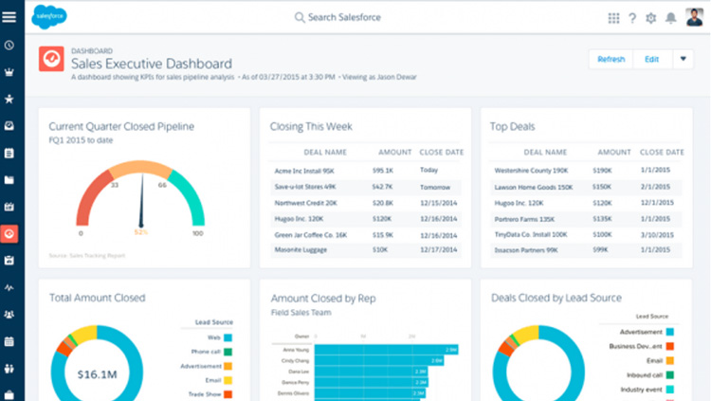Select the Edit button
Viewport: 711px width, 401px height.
point(651,59)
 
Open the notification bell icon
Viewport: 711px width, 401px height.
point(671,18)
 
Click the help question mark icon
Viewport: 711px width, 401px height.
point(632,18)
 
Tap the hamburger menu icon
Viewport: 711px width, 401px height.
point(9,17)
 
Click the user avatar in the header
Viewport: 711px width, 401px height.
point(694,17)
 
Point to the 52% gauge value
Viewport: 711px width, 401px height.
point(141,232)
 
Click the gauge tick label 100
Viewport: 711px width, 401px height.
point(197,233)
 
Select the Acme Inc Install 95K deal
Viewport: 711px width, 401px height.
point(305,171)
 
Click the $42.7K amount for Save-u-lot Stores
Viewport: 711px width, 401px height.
point(383,187)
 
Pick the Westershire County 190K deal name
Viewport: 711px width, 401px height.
point(530,171)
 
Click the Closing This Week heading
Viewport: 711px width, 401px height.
point(311,124)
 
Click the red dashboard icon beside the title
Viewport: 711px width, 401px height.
point(51,59)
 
